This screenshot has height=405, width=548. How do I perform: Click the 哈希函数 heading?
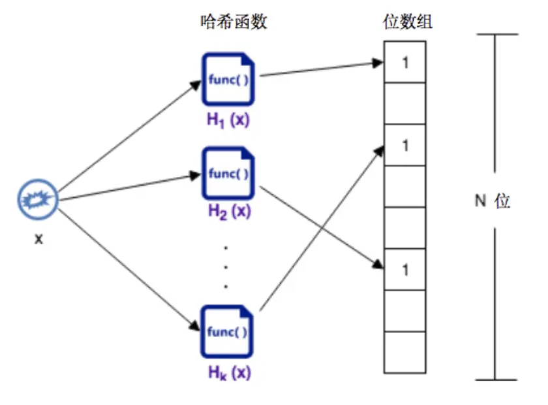pyautogui.click(x=233, y=23)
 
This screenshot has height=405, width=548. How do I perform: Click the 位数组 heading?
pyautogui.click(x=407, y=23)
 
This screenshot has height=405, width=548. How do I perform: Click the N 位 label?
pyautogui.click(x=492, y=201)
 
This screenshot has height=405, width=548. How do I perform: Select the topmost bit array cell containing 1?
pyautogui.click(x=404, y=62)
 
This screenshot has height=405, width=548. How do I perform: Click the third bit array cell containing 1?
pyautogui.click(x=404, y=144)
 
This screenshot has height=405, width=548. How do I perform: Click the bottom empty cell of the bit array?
pyautogui.click(x=404, y=353)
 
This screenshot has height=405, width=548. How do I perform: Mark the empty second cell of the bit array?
pyautogui.click(x=404, y=103)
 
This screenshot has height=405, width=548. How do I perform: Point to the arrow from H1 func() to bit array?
pyautogui.click(x=320, y=69)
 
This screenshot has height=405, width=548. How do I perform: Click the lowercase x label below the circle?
pyautogui.click(x=38, y=240)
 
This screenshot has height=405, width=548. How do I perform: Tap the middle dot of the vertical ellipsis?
pyautogui.click(x=226, y=267)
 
